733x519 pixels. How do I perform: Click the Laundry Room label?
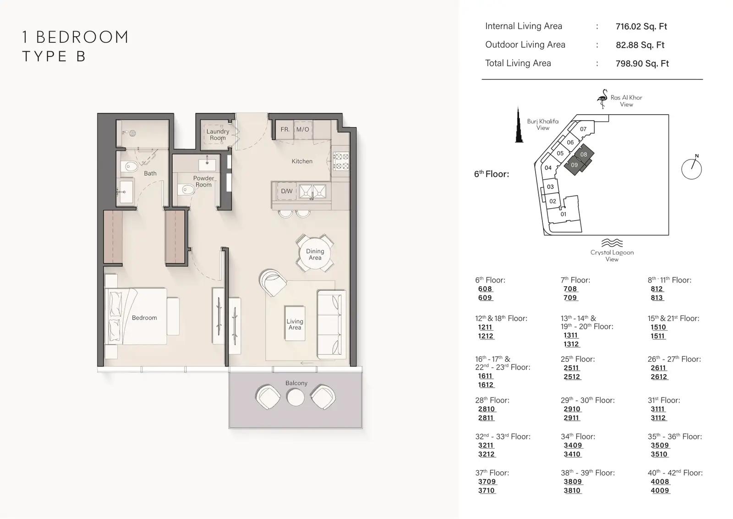(x=218, y=135)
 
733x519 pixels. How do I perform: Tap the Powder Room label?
(x=203, y=182)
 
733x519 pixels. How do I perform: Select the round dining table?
(x=315, y=254)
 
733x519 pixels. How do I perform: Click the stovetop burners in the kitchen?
(x=341, y=161)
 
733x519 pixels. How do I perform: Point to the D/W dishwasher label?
(x=287, y=191)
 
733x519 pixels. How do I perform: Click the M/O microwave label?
(x=303, y=129)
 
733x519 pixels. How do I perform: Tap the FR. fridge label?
(x=285, y=129)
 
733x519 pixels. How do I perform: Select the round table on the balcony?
(x=295, y=398)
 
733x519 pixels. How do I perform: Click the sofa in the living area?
(x=332, y=324)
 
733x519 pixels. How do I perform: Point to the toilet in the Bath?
(x=130, y=167)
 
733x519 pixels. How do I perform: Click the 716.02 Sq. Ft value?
(x=641, y=27)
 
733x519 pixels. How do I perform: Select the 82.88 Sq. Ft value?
(x=640, y=45)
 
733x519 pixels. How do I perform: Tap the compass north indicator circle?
(x=691, y=169)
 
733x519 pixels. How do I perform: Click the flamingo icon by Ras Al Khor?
(x=602, y=99)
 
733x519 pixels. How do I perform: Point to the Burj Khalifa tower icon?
(x=518, y=124)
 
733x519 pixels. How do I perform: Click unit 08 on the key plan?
(x=584, y=154)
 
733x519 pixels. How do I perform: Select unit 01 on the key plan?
(x=563, y=215)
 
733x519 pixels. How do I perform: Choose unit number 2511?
(x=571, y=368)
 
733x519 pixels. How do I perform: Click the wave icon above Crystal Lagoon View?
(x=612, y=243)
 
